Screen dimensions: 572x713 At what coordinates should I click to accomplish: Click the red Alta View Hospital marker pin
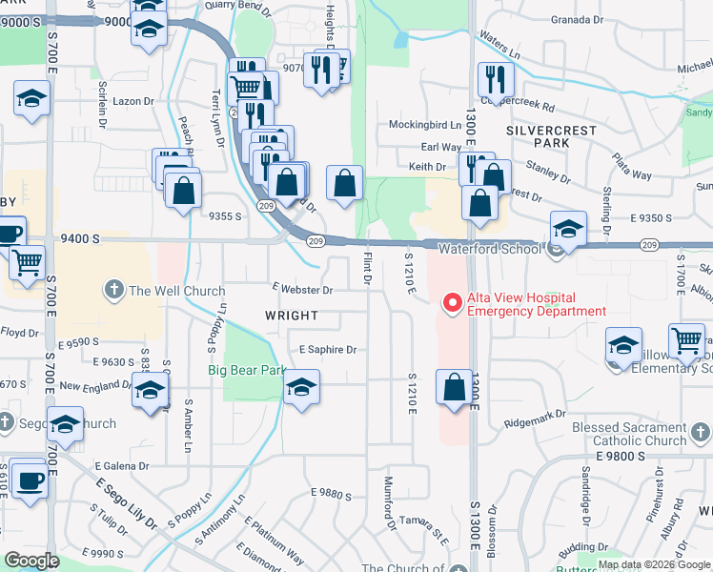point(452,303)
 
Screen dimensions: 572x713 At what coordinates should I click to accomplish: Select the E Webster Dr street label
point(302,290)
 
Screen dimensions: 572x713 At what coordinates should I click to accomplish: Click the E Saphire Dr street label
point(327,350)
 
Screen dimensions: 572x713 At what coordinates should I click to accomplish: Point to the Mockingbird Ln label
point(424,125)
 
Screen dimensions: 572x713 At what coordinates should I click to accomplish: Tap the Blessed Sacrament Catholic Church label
point(629,435)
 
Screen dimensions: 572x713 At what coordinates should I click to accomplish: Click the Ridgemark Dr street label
point(535,416)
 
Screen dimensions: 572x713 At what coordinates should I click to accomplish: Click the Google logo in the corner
point(32,561)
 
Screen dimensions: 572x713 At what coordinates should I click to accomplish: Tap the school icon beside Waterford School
point(568,229)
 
